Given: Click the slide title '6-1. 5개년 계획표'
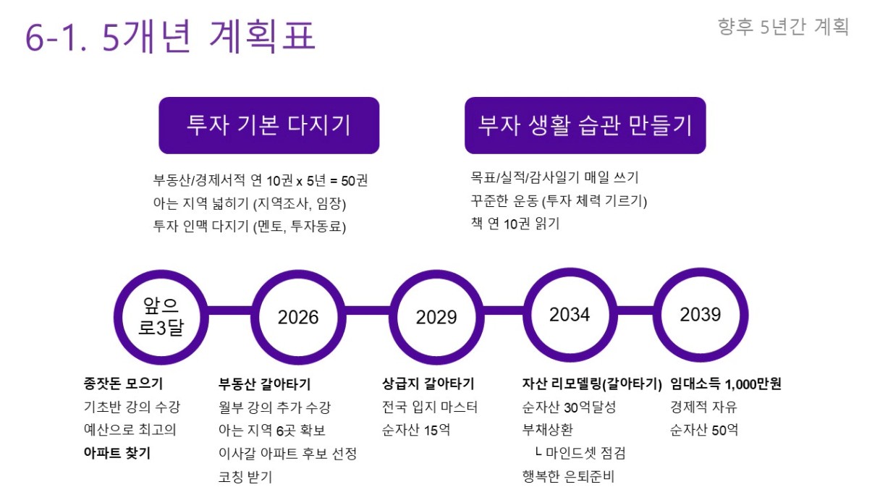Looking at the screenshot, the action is point(170,36).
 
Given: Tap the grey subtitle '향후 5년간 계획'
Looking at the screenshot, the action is point(783,27).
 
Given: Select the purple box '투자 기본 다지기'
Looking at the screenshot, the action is point(269,125).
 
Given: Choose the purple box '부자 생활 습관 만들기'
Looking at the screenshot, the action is point(585,125).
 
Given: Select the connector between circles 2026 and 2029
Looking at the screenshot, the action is point(368,310).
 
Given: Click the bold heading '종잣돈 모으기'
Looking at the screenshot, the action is point(123,384).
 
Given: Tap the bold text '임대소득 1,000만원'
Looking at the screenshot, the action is point(726,384).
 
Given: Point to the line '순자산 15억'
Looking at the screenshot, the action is point(416,430).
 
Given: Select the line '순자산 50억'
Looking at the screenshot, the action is point(704,430).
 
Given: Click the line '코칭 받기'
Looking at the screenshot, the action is point(245,477).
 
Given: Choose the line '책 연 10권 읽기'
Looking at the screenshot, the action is point(515,224).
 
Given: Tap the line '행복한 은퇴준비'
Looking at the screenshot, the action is point(568,476).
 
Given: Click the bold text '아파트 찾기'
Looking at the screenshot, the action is point(117,453).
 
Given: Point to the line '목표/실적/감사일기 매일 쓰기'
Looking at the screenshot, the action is point(555,177).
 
